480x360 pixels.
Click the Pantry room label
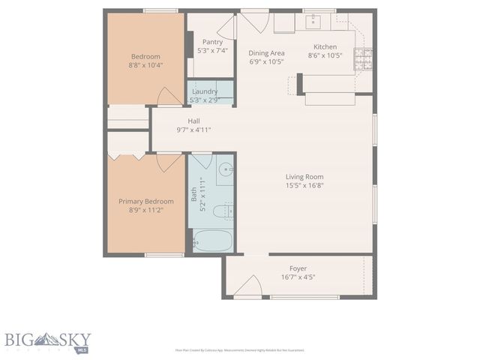212,42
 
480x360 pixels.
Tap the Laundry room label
205,91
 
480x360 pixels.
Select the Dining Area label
266,52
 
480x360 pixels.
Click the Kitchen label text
325,46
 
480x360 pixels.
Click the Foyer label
298,268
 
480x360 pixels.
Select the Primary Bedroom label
146,201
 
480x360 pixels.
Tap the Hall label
193,121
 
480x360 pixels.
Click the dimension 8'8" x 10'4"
146,65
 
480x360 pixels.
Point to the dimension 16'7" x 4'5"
298,277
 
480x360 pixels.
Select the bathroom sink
224,170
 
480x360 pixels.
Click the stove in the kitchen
364,59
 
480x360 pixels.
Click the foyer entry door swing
252,286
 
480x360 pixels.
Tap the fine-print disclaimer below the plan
239,349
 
